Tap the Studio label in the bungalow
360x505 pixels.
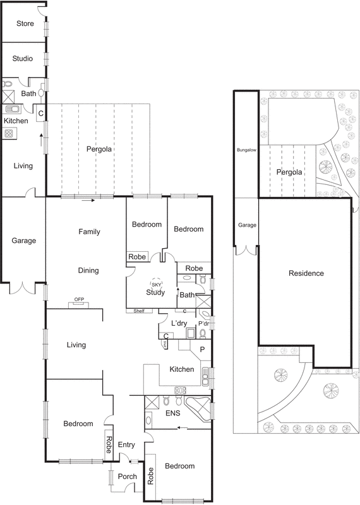coord(23,59)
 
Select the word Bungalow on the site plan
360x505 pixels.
coord(245,151)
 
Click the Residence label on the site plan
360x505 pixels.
coord(306,273)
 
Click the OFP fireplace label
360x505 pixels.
coord(79,300)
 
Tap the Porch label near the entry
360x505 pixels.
coord(127,477)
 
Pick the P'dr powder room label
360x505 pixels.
coord(204,324)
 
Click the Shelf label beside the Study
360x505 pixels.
coord(138,311)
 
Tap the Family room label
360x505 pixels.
coord(89,232)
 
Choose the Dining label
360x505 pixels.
coord(88,271)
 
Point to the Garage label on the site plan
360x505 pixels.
coord(246,225)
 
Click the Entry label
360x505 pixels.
coord(127,445)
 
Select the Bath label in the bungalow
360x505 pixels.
coord(28,94)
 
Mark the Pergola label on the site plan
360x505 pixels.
coord(289,172)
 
